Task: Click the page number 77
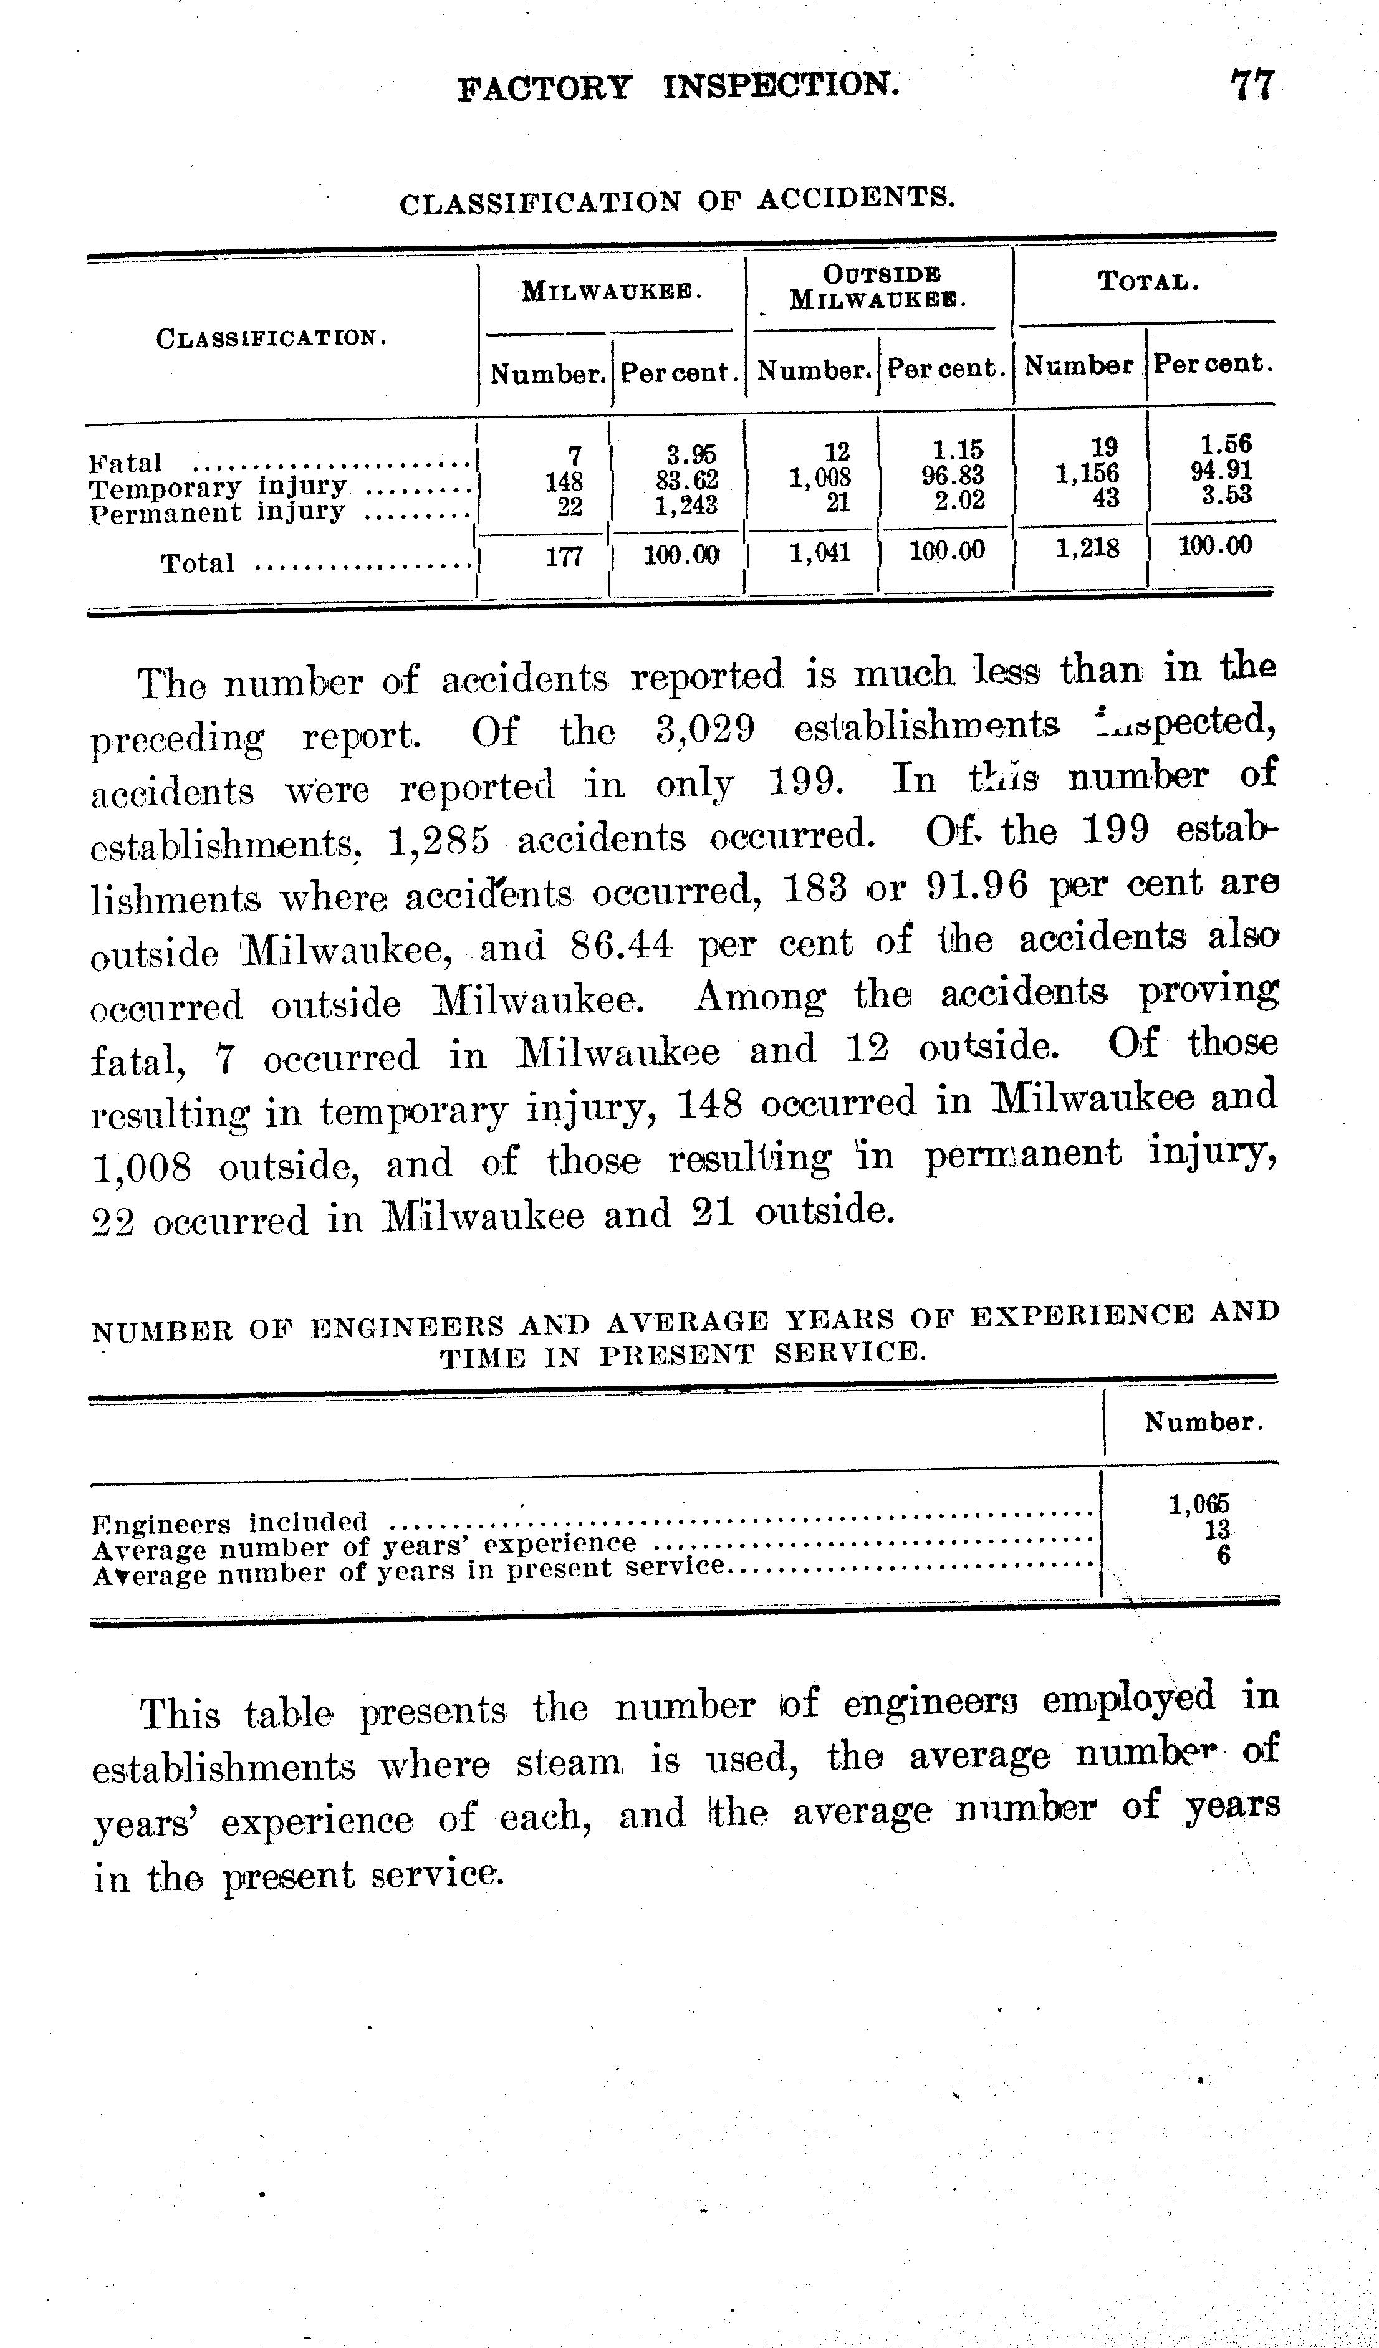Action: click(1251, 86)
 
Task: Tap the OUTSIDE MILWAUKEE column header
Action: click(878, 286)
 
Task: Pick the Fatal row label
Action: click(126, 463)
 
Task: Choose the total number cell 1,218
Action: click(1087, 548)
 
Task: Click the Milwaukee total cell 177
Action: click(564, 555)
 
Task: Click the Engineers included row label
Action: click(230, 1523)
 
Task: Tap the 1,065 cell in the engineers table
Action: click(1199, 1504)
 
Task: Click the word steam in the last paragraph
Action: click(572, 1763)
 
